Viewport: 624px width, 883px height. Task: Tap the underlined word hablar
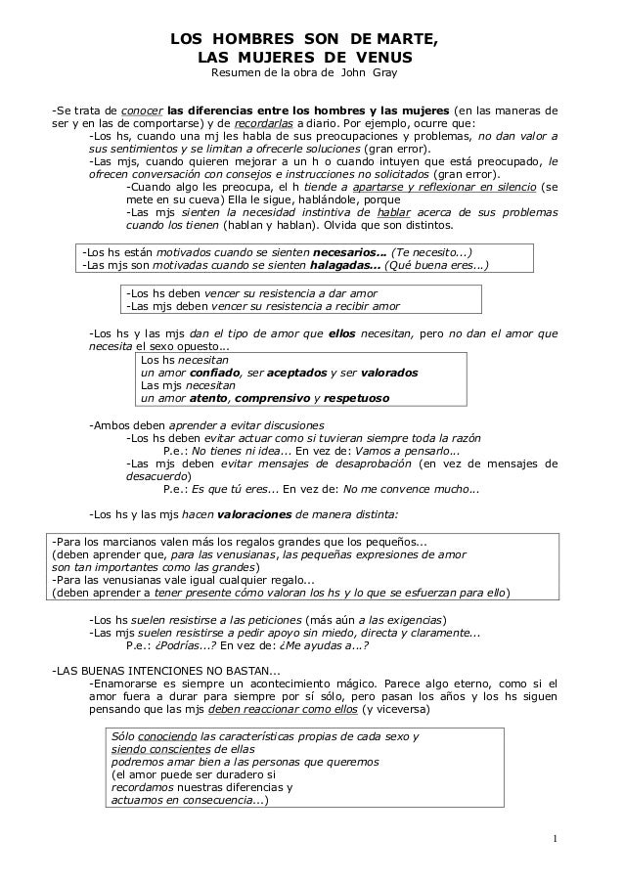click(397, 210)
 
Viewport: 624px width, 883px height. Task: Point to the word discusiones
click(288, 425)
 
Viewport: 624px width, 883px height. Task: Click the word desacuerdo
click(159, 478)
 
